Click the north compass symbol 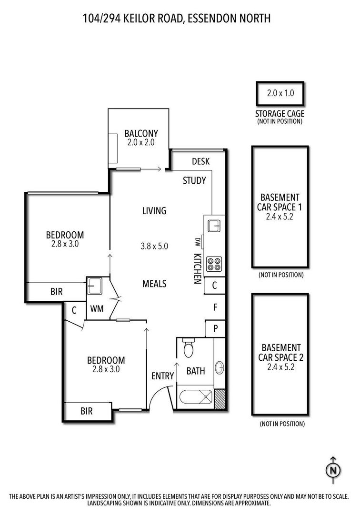click(x=333, y=470)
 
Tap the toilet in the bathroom click(x=189, y=348)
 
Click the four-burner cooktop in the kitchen click(x=214, y=264)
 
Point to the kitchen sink click(x=214, y=226)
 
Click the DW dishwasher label click(x=198, y=242)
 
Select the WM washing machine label click(x=97, y=308)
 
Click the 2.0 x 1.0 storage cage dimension click(x=280, y=93)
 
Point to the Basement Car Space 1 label click(x=280, y=202)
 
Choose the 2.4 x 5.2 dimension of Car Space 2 click(x=280, y=367)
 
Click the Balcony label click(x=141, y=133)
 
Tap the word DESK click(x=200, y=161)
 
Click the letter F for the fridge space click(x=215, y=307)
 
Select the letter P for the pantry click(x=215, y=328)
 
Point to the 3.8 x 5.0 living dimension click(x=154, y=246)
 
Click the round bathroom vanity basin click(x=220, y=367)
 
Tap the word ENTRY click(x=162, y=376)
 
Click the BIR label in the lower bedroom click(x=87, y=411)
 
